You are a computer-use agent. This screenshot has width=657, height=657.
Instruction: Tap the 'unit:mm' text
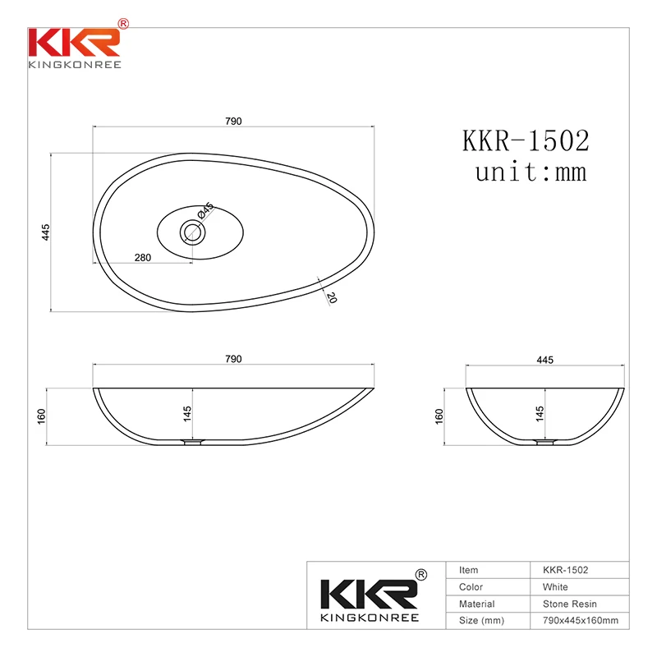point(530,172)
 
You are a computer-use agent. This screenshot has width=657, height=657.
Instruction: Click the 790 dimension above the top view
point(233,121)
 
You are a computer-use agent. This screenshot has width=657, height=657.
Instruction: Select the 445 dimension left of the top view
point(46,232)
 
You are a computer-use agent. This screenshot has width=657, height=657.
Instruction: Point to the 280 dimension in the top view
point(142,257)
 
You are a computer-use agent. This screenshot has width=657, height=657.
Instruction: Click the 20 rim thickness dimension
point(331,296)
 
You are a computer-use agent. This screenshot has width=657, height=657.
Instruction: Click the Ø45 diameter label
point(205,212)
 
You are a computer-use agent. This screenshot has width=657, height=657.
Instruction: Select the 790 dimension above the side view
point(233,359)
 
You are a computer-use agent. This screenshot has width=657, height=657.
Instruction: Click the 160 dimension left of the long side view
point(41,416)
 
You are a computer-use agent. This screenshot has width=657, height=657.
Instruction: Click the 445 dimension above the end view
point(544,359)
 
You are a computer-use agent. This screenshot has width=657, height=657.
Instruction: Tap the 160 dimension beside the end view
point(439,416)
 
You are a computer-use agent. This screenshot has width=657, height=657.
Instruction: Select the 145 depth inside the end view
point(540,414)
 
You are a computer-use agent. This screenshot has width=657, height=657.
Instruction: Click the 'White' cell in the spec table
point(555,587)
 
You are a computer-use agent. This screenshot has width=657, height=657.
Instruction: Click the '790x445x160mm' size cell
point(580,620)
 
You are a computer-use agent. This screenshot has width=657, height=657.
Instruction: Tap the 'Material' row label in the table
point(477,604)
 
